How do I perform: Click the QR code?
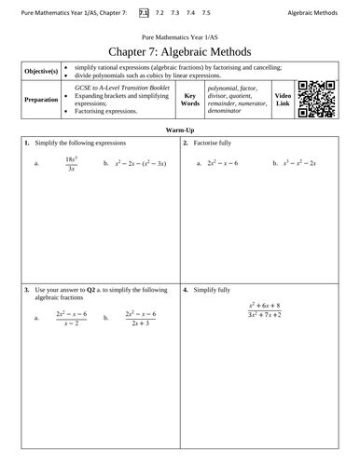[x=325, y=102]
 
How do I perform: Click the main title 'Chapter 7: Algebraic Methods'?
[x=180, y=51]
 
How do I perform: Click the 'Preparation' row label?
[x=39, y=100]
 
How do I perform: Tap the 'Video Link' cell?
[x=286, y=100]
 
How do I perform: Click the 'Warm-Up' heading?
[x=180, y=132]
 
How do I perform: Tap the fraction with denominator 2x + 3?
[x=142, y=318]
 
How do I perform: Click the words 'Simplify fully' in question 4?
[x=217, y=291]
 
